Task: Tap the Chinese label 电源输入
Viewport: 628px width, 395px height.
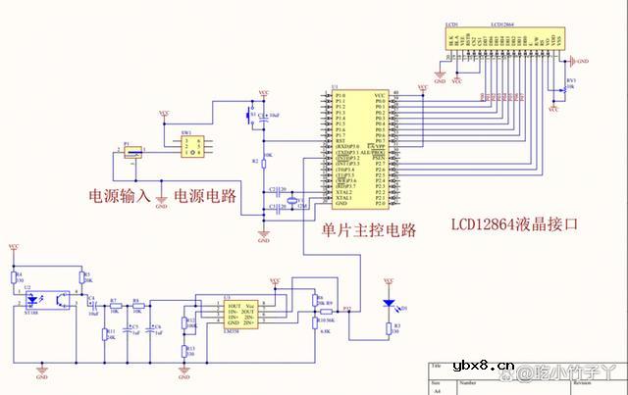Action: point(121,194)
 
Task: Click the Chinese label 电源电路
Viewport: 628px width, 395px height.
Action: point(205,194)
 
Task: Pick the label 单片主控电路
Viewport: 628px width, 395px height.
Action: point(369,230)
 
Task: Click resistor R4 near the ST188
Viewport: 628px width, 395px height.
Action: point(15,279)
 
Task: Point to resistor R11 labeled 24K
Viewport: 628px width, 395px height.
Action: point(104,335)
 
